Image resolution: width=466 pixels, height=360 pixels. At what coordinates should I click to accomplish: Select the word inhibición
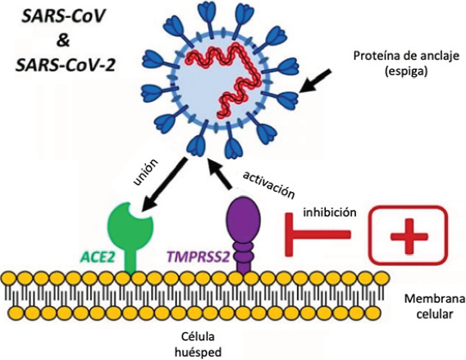pos(330,212)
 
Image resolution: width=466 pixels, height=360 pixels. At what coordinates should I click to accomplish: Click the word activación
pos(268,185)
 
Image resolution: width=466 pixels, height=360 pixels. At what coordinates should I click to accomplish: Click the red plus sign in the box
pos(409,236)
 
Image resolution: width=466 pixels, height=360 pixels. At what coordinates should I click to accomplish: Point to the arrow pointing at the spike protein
pos(314,81)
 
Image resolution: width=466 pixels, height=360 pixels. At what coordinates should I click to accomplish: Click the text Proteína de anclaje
pos(406,56)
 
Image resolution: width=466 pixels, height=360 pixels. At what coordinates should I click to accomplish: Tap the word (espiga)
pos(406,71)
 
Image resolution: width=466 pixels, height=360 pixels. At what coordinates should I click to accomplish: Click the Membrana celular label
pos(435,306)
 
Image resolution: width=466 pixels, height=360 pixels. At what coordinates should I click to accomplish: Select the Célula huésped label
pos(199,344)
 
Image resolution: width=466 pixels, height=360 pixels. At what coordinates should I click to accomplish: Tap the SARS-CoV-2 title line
pos(65,65)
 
